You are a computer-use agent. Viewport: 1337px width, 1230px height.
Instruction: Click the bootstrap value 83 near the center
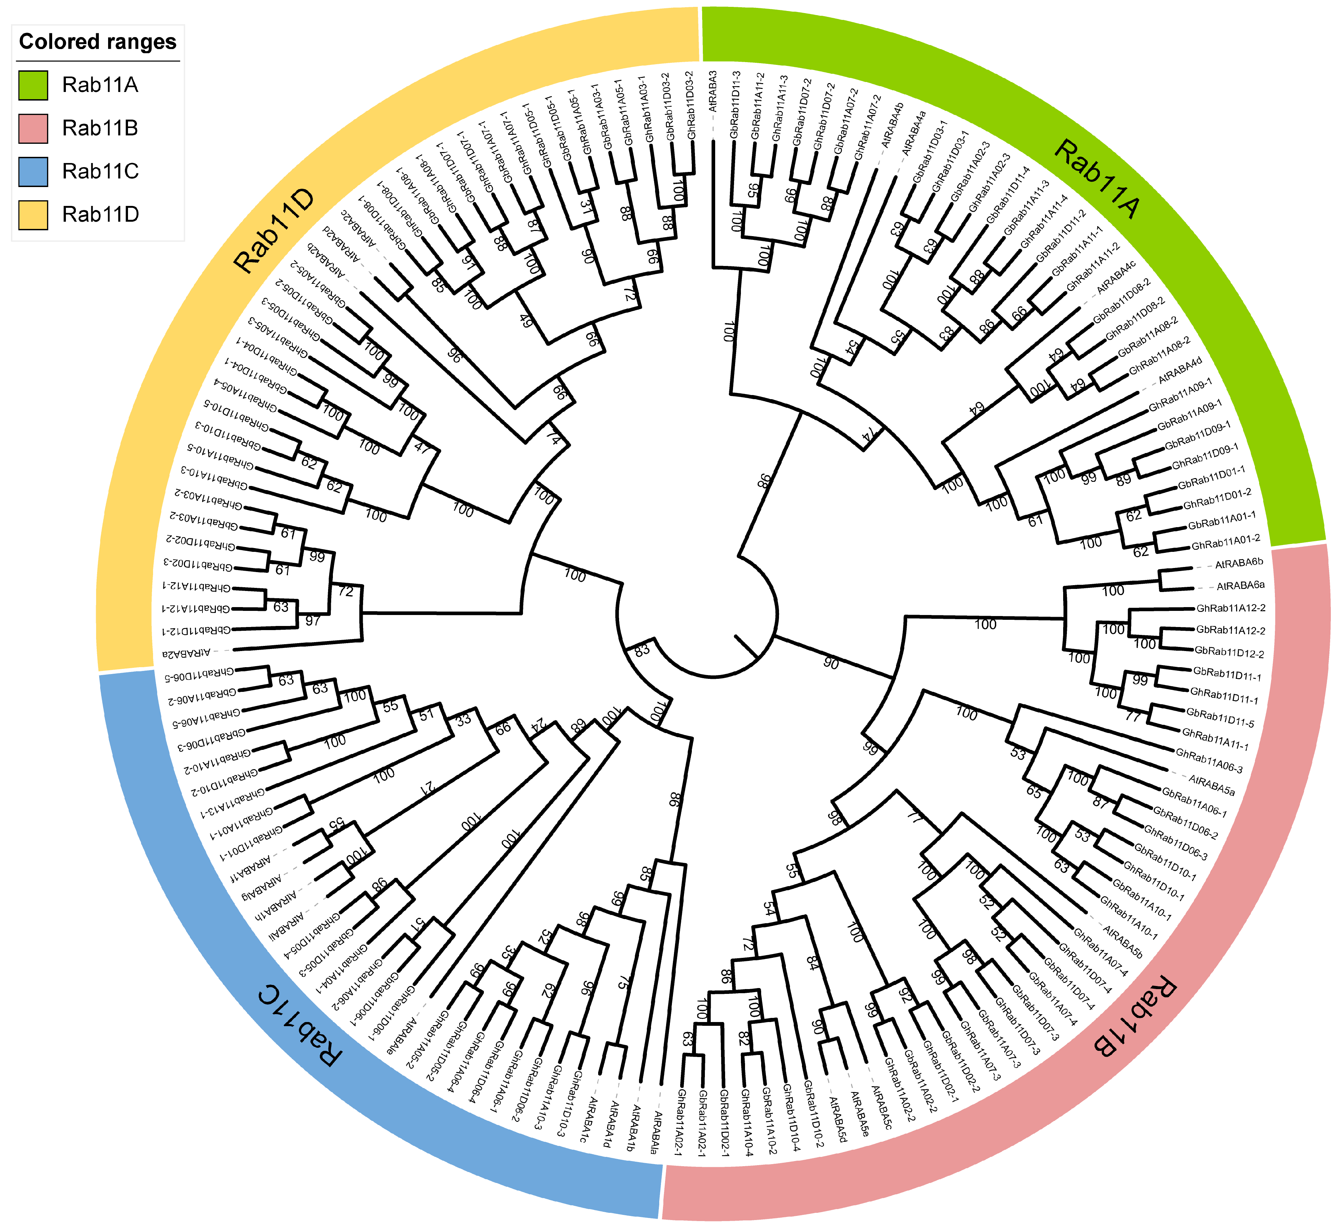tap(641, 651)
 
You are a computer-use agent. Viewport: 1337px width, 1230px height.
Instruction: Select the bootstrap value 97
tap(313, 621)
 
